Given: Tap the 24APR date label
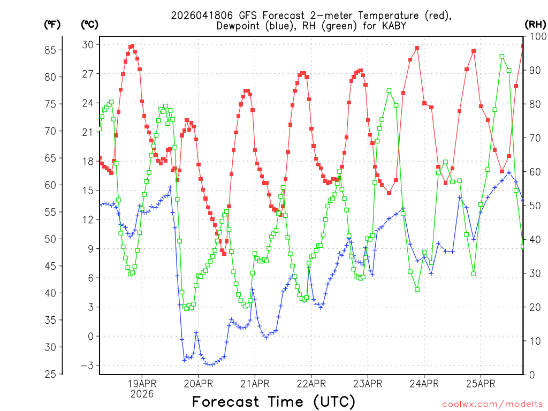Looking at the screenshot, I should (424, 383).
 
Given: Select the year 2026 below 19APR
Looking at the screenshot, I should (142, 394).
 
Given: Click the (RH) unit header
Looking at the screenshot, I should (536, 24).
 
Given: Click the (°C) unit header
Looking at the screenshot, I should (90, 24).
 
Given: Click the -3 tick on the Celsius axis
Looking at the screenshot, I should (88, 366).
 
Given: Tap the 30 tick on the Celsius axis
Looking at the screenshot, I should (88, 44).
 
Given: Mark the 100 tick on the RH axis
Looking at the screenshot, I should (537, 36).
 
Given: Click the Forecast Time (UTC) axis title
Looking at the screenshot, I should (273, 401).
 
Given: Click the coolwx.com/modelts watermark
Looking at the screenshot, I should (492, 405).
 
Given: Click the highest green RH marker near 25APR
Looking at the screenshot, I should (502, 56).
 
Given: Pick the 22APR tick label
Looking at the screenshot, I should (311, 383).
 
